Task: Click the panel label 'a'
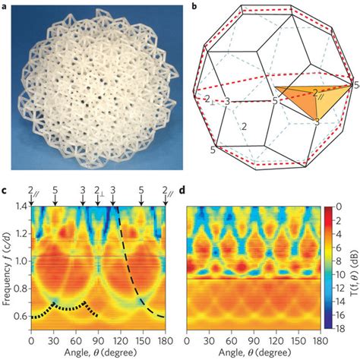[x=5, y=6]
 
